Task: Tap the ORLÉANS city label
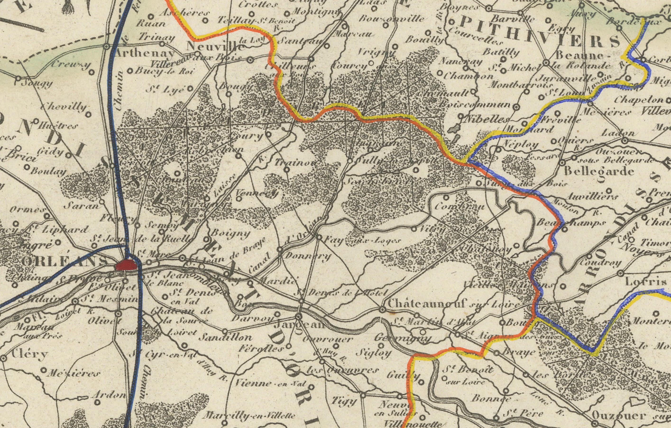[64, 261]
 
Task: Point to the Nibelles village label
[488, 120]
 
